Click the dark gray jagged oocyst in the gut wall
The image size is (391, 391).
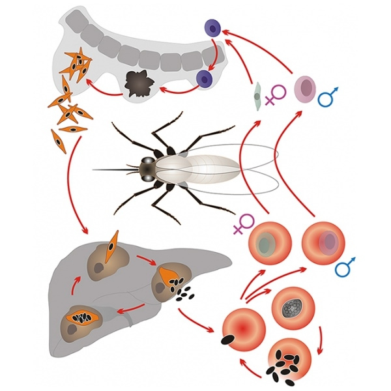(138, 83)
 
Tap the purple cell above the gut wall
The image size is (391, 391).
(213, 28)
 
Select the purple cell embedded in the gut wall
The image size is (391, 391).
(207, 79)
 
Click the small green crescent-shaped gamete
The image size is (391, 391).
(257, 96)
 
